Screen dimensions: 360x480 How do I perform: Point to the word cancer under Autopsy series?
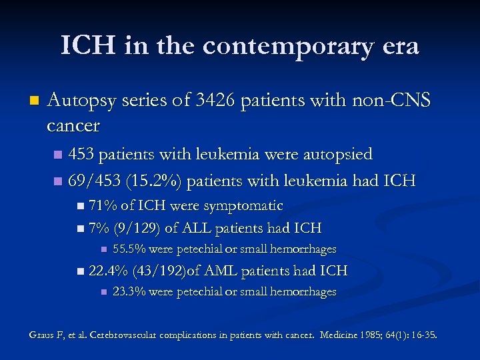(x=73, y=125)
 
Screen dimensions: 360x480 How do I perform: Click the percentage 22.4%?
(x=108, y=271)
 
